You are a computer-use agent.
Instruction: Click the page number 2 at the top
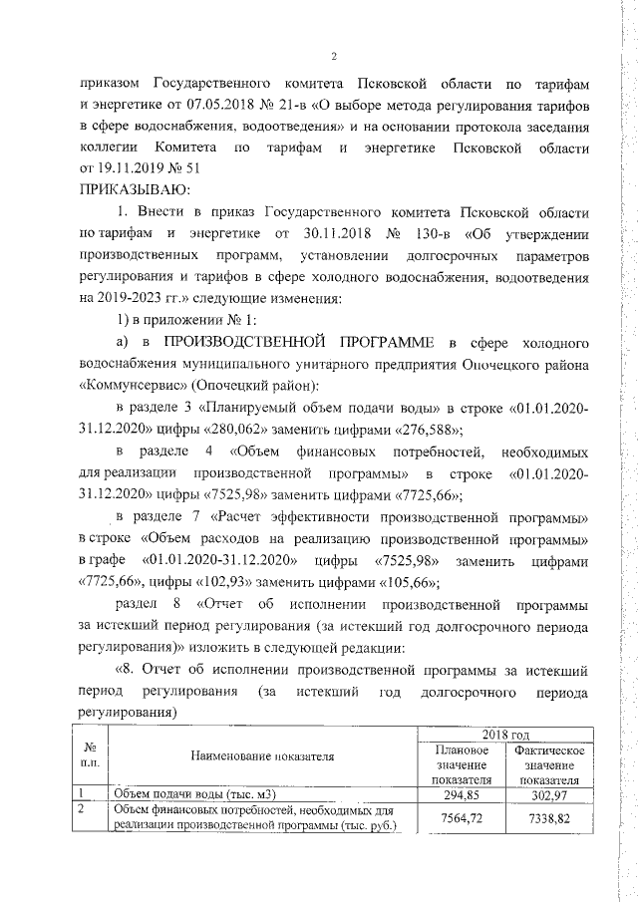tap(335, 55)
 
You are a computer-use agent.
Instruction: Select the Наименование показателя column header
tap(265, 758)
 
